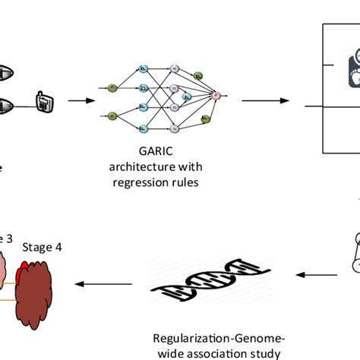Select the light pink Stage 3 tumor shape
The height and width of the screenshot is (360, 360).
pyautogui.click(x=9, y=273)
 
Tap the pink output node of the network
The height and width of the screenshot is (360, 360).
pyautogui.click(x=215, y=96)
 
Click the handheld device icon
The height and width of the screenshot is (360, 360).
pyautogui.click(x=43, y=99)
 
